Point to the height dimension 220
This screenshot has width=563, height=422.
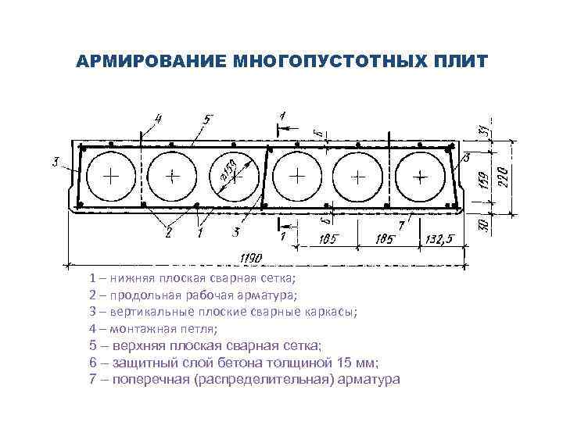[x=504, y=173]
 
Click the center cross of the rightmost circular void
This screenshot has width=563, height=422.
[x=420, y=177]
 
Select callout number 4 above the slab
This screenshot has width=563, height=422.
[x=159, y=120]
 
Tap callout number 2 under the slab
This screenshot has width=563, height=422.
[x=168, y=233]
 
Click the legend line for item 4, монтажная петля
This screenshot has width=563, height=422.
[x=154, y=327]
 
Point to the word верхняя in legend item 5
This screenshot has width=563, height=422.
[x=137, y=345]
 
